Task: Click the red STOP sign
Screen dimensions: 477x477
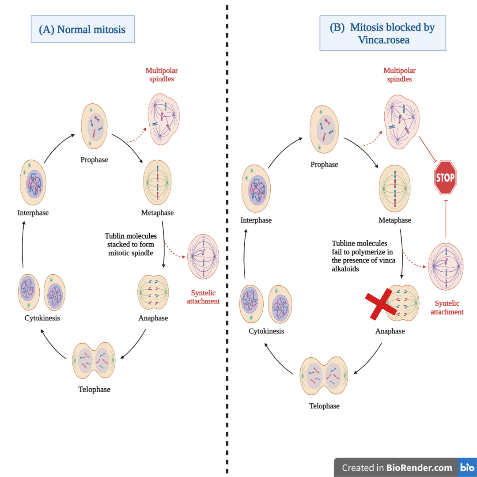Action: [445, 178]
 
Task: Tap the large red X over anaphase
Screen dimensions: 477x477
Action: [383, 304]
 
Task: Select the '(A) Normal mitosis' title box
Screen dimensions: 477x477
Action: [83, 30]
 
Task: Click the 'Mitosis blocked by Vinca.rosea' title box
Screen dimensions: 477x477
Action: [382, 33]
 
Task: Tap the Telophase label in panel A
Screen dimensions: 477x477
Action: [94, 390]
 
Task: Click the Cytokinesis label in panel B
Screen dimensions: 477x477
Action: [266, 331]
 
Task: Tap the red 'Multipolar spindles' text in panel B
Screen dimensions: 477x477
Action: [399, 75]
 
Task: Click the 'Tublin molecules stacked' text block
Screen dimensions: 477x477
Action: [131, 245]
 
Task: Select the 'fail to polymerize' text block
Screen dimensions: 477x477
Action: [362, 256]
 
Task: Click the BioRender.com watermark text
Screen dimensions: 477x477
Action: [397, 468]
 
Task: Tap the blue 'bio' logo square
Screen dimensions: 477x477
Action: [467, 467]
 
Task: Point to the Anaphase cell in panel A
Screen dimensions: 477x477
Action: [153, 292]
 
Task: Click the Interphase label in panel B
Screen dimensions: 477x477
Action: [256, 220]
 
